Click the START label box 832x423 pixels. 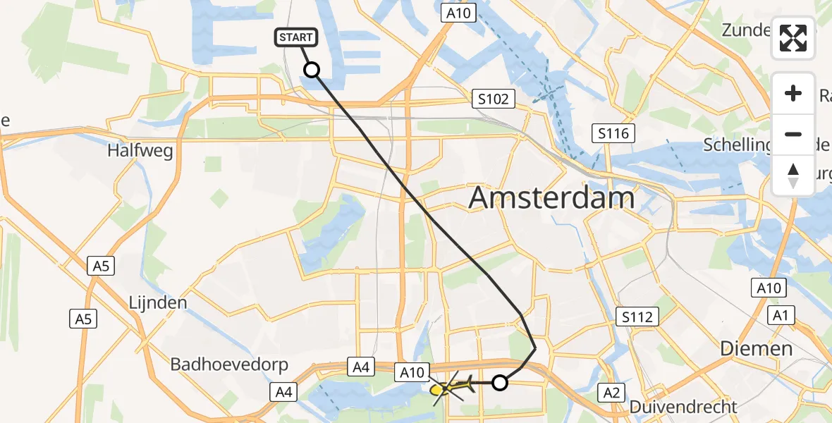coord(296,37)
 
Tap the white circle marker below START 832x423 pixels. coord(311,69)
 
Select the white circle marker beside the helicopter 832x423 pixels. coord(499,383)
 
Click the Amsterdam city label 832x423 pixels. coord(551,198)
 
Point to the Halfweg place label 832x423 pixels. coord(140,151)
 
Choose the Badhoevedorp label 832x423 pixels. coord(230,364)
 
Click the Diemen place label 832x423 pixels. coord(756,348)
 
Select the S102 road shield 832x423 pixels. coord(493,99)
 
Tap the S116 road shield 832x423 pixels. coord(613,133)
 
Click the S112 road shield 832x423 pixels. coord(637,317)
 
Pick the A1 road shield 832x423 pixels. coord(780,316)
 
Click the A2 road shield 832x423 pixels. coord(609,392)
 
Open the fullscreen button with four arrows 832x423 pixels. coord(793,38)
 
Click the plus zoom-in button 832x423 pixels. coord(793,93)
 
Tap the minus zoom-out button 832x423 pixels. coord(793,134)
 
